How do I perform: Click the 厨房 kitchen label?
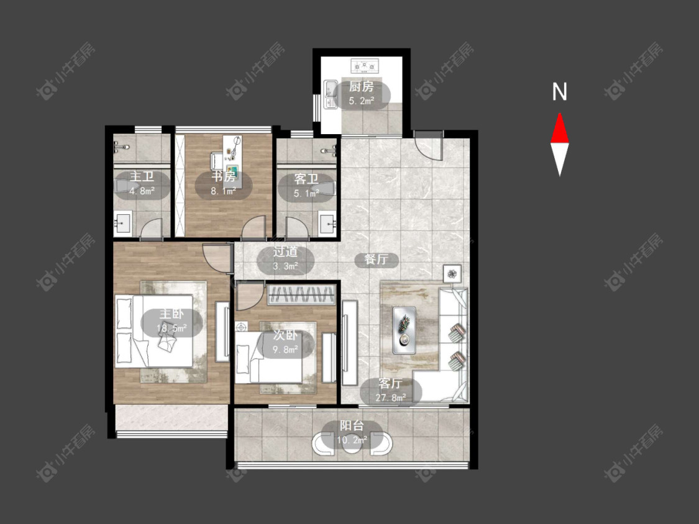click(360, 86)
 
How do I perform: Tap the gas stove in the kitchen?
click(365, 66)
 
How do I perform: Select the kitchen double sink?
click(331, 94)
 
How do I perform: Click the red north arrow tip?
click(559, 114)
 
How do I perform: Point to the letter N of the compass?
click(559, 92)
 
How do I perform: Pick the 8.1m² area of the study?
click(223, 192)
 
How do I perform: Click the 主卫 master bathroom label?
click(142, 177)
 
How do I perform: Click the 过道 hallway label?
click(285, 252)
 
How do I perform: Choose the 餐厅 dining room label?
click(376, 259)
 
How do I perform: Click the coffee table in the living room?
click(404, 330)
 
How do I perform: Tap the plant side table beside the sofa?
click(452, 273)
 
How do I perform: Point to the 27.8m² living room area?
click(391, 397)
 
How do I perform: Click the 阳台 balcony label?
click(352, 425)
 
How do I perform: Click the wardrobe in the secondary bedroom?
click(301, 294)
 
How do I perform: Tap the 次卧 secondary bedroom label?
click(285, 336)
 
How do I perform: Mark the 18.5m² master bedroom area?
click(171, 329)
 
